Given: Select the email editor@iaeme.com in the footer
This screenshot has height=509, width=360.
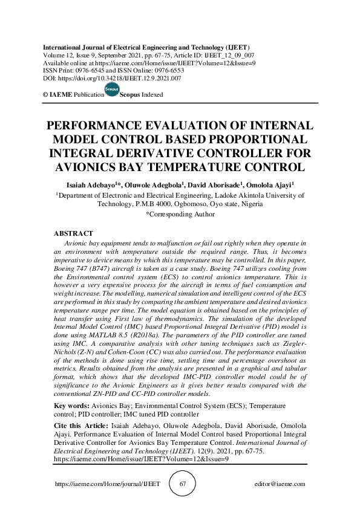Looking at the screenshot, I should pos(280,484).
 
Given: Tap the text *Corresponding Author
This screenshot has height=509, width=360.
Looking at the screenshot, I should pos(180,213).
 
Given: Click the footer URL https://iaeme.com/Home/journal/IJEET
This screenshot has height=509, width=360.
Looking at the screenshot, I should pos(107,484).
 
